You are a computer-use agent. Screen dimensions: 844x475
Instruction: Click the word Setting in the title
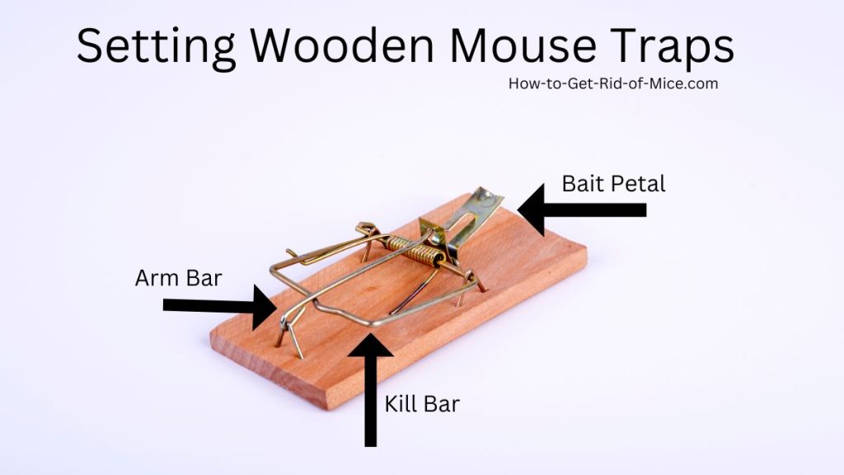point(156,47)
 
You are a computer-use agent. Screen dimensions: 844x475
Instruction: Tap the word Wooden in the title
point(342,45)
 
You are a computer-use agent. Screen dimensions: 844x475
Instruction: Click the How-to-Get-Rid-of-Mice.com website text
point(613,83)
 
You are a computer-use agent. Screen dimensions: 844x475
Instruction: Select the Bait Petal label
point(613,184)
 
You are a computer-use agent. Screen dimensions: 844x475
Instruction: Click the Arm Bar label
point(178,278)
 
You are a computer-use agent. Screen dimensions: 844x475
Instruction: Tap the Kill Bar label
point(422,403)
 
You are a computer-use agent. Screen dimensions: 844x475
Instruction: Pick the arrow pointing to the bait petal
point(582,210)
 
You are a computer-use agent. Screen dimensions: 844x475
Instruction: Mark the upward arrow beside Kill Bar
point(370,390)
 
